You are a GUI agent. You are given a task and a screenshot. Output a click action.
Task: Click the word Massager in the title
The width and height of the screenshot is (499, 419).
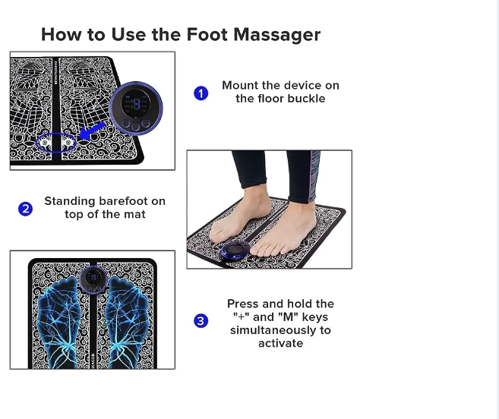277,35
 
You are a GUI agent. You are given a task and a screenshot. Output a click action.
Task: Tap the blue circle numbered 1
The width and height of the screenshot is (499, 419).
201,93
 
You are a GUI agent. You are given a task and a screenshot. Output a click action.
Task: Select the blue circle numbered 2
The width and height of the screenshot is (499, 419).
26,209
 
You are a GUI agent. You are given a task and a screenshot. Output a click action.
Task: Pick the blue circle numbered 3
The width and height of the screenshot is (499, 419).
201,320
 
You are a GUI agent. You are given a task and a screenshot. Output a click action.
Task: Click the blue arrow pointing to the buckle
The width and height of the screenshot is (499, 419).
92,131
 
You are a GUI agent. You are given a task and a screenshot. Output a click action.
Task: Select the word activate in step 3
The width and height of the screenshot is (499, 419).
280,343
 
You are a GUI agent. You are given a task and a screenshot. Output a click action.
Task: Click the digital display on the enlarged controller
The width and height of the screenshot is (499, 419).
136,102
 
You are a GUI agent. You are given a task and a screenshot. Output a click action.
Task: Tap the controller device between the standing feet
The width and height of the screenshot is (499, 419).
235,250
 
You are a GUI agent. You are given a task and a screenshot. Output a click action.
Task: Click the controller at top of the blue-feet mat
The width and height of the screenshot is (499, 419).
93,279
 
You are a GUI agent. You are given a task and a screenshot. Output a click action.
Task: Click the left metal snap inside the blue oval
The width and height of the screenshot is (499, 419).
45,143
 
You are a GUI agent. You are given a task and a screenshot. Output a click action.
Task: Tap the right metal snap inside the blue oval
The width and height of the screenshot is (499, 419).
68,143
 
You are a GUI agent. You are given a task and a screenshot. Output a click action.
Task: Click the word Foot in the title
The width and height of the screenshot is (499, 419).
207,34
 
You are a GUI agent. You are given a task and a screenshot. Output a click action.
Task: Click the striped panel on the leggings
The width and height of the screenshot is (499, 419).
314,176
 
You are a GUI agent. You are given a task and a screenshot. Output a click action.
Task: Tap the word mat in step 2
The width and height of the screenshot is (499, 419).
134,214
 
